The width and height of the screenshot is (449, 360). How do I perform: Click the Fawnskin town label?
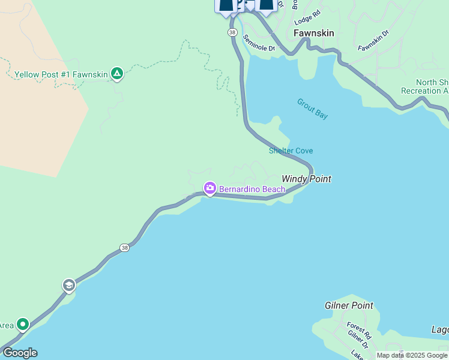[313, 33]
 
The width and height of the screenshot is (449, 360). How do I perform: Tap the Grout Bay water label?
[312, 108]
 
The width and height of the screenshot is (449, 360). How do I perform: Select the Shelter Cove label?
[291, 151]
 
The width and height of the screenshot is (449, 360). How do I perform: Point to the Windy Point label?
[306, 179]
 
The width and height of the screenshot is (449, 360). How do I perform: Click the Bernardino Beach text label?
[252, 189]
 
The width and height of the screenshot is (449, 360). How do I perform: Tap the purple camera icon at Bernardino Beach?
[209, 189]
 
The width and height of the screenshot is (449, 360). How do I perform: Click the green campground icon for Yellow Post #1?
[117, 74]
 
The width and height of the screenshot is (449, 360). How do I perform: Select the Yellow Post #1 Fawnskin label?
[61, 74]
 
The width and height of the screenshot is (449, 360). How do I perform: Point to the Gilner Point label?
[349, 305]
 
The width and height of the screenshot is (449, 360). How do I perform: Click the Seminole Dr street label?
[259, 43]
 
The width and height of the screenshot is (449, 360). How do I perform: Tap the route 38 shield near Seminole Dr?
[232, 31]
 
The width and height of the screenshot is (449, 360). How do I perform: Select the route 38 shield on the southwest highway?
[124, 247]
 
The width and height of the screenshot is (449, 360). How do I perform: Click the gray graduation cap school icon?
[68, 285]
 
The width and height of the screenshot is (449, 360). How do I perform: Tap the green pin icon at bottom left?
[23, 325]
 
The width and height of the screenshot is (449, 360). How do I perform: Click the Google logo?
[20, 353]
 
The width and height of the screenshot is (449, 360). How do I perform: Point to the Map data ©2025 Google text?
[412, 355]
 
